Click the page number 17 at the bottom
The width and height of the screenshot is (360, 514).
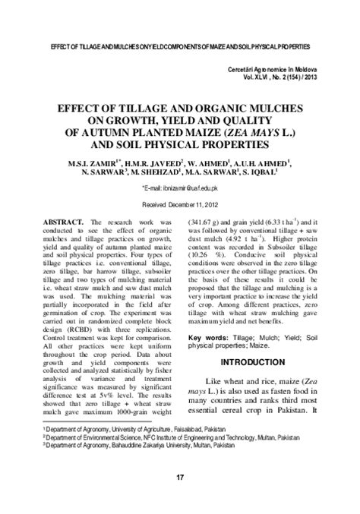point(180,477)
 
